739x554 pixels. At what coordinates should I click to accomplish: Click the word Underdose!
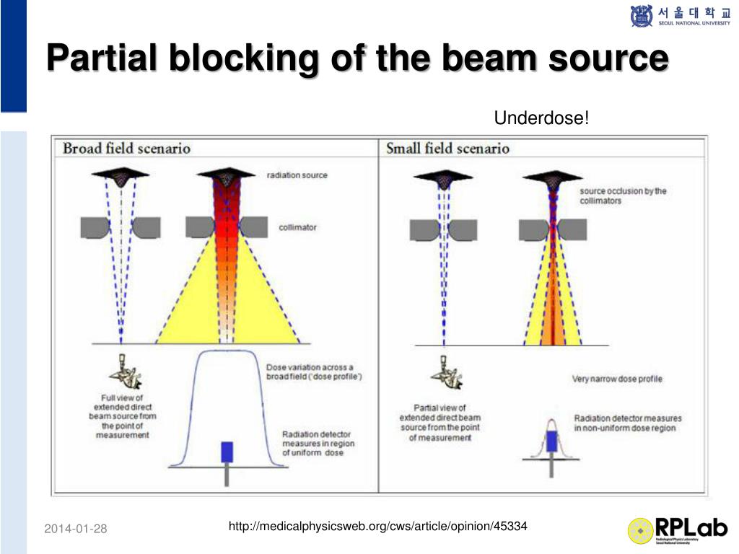tap(541, 117)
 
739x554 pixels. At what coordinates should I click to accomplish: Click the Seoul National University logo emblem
tap(641, 16)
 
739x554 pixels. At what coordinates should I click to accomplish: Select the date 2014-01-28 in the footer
tap(75, 529)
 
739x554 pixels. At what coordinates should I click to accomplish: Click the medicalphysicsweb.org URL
tap(377, 527)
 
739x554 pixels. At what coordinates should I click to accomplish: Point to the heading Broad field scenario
tap(126, 149)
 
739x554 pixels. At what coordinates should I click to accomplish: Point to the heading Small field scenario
tap(447, 149)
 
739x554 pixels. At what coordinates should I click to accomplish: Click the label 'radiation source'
tap(297, 175)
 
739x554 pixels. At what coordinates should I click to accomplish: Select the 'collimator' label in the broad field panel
tap(297, 228)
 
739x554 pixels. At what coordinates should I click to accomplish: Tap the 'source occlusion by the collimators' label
tap(623, 195)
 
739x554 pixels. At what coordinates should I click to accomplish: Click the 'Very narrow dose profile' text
tap(617, 379)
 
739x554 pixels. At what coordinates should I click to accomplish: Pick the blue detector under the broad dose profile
tap(227, 451)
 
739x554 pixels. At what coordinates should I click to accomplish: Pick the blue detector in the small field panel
tap(552, 441)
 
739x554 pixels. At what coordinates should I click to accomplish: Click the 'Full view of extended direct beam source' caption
tap(122, 416)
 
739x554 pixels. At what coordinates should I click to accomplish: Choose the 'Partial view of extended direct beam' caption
tap(440, 422)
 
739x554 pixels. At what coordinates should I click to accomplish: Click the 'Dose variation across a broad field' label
tap(315, 372)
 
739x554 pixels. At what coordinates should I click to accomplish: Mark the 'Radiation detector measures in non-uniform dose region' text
tap(627, 423)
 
